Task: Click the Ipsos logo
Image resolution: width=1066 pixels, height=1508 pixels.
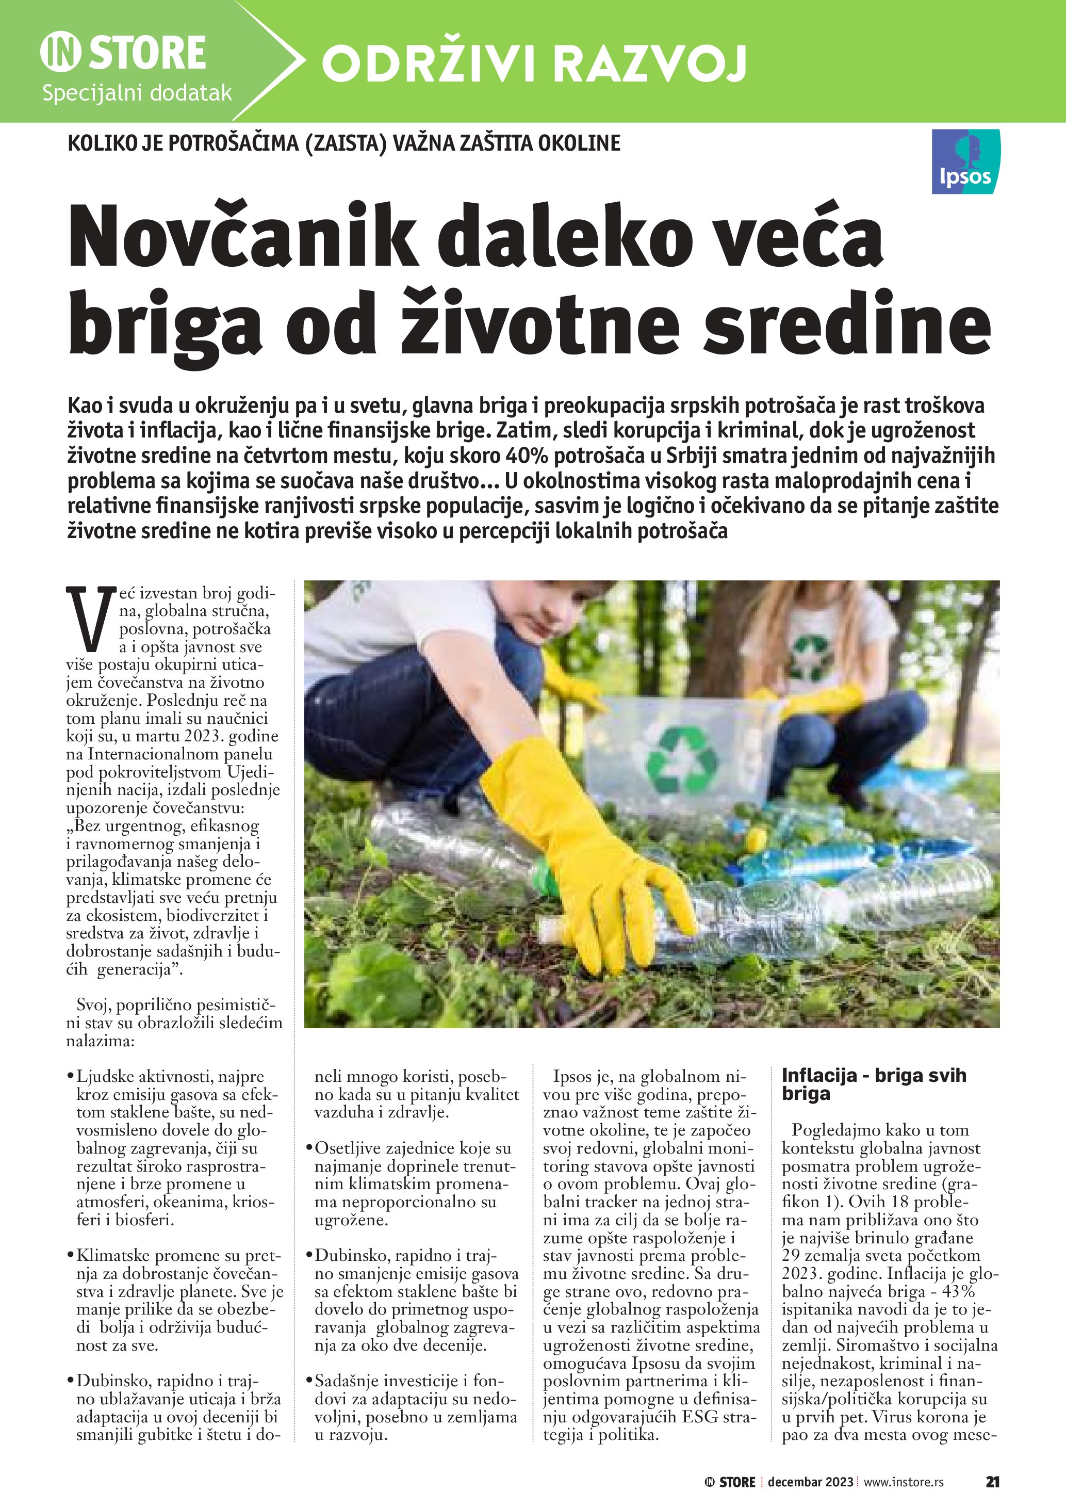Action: coord(965,161)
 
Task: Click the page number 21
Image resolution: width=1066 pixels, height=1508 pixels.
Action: coord(992,1482)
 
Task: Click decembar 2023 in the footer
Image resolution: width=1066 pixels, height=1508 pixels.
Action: coord(810,1482)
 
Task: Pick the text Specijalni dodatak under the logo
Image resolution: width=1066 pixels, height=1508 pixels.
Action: coord(137,93)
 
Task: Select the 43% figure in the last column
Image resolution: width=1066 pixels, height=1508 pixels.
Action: coord(958,1291)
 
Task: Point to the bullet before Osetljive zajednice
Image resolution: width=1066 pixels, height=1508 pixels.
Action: coord(308,1149)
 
